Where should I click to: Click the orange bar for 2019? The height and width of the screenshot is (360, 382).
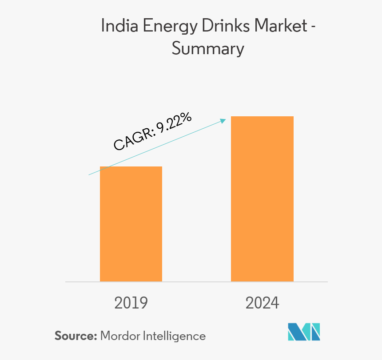131,224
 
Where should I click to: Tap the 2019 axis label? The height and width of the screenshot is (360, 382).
131,303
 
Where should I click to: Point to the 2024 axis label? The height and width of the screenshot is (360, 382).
262,303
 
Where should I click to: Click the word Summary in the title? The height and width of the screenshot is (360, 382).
208,48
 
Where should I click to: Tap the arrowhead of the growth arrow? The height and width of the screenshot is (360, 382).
225,119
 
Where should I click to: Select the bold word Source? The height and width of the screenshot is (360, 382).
74,336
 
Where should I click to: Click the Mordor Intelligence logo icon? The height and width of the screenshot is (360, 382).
304,332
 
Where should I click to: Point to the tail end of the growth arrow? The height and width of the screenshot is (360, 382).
89,174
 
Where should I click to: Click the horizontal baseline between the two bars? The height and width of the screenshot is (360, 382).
196,281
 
